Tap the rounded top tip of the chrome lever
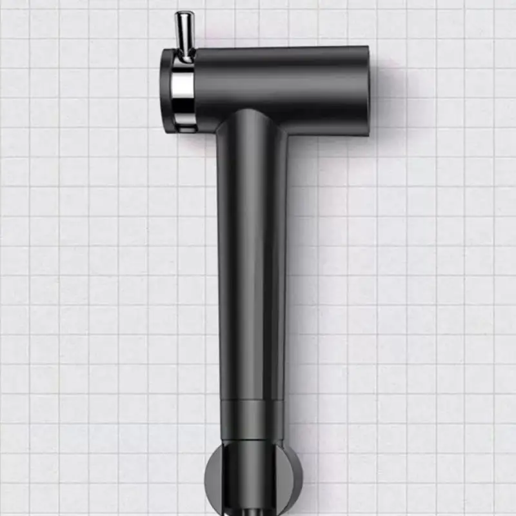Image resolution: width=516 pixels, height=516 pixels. click(x=183, y=15)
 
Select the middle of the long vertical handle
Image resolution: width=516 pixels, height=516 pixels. click(x=252, y=258)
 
